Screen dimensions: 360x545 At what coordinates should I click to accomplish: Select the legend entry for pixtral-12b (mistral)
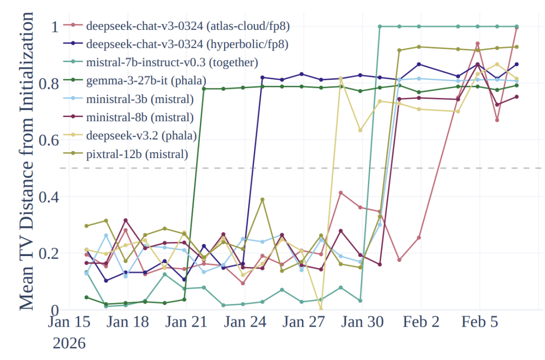pos(137,155)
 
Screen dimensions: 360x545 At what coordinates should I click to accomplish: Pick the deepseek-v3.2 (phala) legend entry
pos(141,136)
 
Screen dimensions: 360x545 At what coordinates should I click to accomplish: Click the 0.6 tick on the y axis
pos(44,140)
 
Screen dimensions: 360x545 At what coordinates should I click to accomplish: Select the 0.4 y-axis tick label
pos(44,196)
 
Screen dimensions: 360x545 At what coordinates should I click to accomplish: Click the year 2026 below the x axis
pos(69,344)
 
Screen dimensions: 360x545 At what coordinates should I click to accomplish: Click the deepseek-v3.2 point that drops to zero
pos(321,309)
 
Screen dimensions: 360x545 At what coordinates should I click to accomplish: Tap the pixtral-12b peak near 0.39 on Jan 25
pos(262,199)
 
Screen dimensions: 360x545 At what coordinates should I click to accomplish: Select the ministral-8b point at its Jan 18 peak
pos(126,220)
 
